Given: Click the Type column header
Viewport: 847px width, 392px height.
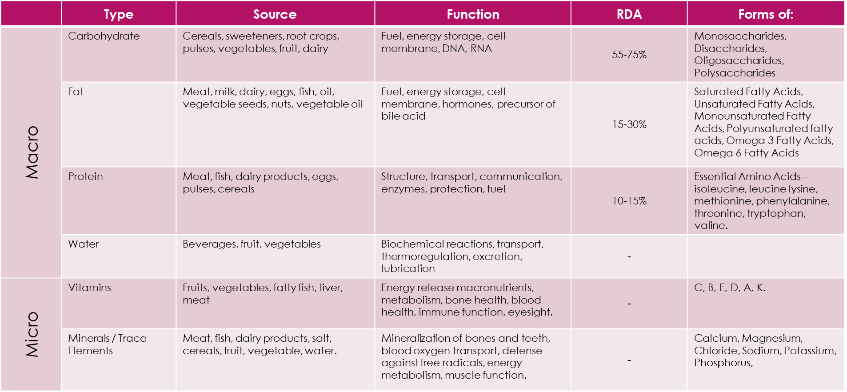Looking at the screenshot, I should pyautogui.click(x=118, y=14).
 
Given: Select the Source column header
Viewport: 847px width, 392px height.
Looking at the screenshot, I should pyautogui.click(x=275, y=14).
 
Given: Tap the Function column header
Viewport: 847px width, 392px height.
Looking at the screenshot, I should pyautogui.click(x=473, y=14).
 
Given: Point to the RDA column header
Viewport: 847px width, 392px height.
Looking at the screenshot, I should pyautogui.click(x=629, y=14).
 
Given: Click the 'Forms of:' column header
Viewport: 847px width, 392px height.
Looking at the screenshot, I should pyautogui.click(x=765, y=14).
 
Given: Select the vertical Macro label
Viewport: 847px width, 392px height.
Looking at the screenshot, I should pyautogui.click(x=32, y=152).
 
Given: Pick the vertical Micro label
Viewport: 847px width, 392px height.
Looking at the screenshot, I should pyautogui.click(x=32, y=334).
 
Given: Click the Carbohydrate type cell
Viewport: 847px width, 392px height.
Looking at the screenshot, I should pyautogui.click(x=104, y=36).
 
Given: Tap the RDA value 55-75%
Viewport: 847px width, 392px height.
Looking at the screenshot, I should pyautogui.click(x=629, y=55).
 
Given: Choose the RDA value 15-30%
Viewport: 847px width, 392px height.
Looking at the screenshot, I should pyautogui.click(x=629, y=124).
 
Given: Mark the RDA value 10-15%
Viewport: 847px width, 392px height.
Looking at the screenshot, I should pyautogui.click(x=629, y=201).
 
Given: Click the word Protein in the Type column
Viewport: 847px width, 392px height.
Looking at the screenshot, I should pyautogui.click(x=85, y=176).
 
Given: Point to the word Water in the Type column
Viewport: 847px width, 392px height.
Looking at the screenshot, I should pyautogui.click(x=83, y=244).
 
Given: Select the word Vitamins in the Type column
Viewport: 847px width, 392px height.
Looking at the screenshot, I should pyautogui.click(x=89, y=288).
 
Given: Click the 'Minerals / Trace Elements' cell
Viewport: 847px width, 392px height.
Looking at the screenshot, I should pyautogui.click(x=107, y=344).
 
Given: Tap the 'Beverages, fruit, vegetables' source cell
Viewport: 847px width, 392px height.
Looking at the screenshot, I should pyautogui.click(x=252, y=244).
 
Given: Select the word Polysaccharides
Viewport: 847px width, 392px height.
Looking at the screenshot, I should pyautogui.click(x=735, y=73).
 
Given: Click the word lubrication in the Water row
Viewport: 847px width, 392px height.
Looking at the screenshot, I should pyautogui.click(x=408, y=268).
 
